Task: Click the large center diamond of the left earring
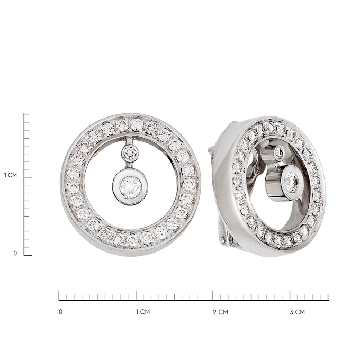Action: click(x=130, y=187)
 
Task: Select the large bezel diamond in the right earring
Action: click(x=291, y=183)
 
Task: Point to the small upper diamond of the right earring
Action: click(x=280, y=152)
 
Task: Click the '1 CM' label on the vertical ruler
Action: click(x=11, y=175)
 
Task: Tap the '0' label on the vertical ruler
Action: click(x=15, y=253)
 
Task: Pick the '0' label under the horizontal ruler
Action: click(x=60, y=312)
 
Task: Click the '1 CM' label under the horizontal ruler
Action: click(x=142, y=312)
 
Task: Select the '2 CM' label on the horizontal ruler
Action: click(x=220, y=312)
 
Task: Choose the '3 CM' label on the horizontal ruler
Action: click(x=298, y=312)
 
